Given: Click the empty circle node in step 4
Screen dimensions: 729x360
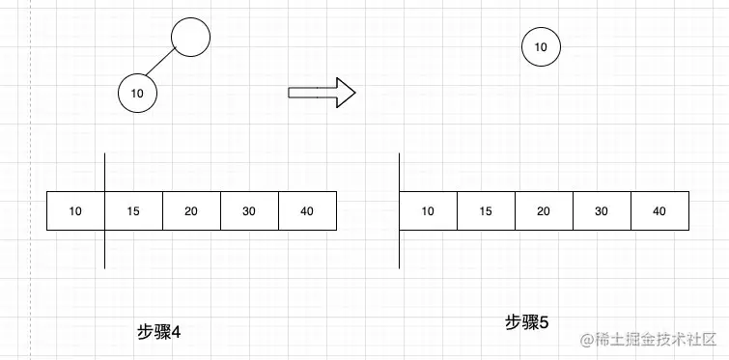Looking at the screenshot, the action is tap(190, 38).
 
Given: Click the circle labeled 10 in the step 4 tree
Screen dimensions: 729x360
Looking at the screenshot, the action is tap(137, 94).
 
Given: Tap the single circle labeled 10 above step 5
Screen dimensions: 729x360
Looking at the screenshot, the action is tap(541, 46).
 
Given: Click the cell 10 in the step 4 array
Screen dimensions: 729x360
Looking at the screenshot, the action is tap(75, 211).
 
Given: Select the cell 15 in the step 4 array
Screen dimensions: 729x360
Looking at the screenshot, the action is tap(133, 211).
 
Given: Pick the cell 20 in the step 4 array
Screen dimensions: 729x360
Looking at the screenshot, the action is tap(191, 211).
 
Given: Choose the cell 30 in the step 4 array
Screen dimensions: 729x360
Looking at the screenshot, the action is tap(249, 211).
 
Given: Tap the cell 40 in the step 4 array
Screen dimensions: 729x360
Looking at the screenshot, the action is tap(307, 211).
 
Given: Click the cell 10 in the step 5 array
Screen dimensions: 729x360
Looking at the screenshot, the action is tap(428, 211).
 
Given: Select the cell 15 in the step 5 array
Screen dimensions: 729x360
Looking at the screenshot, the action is tap(486, 211).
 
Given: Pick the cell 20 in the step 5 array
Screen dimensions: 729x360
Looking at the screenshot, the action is tap(544, 211).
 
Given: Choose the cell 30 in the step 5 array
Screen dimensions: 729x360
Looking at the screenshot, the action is tap(602, 211).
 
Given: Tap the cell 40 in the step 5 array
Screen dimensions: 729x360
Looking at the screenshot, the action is tap(659, 211).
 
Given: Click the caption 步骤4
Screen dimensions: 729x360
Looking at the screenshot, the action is tap(160, 332).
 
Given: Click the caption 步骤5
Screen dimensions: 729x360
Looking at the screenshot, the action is tap(526, 322).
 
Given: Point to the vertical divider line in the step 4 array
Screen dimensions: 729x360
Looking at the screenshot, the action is tap(104, 251).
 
